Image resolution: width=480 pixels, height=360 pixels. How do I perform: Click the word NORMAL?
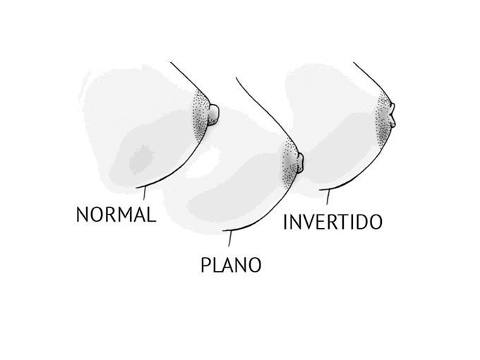[x=115, y=214]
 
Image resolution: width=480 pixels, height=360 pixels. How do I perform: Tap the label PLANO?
[x=232, y=265]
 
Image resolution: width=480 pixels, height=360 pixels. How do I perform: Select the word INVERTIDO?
[x=332, y=222]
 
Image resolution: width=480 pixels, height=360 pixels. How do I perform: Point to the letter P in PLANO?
[x=205, y=265]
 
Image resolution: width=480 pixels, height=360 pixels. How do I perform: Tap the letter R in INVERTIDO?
[x=330, y=222]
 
